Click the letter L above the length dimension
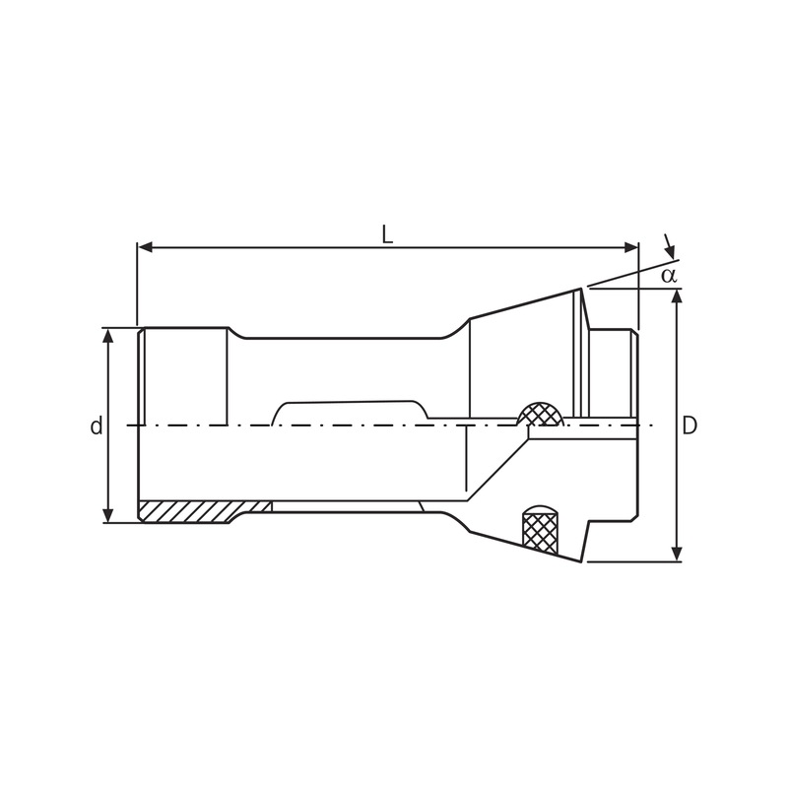pos(387,234)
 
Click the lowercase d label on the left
pos(97,427)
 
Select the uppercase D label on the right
pos(689,426)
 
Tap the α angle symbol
pos(669,275)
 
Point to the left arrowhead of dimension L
pos(144,246)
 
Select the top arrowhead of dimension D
pos(677,295)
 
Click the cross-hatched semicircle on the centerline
pos(541,415)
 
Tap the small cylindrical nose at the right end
pos(614,374)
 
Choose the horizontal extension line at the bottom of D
pos(630,561)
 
